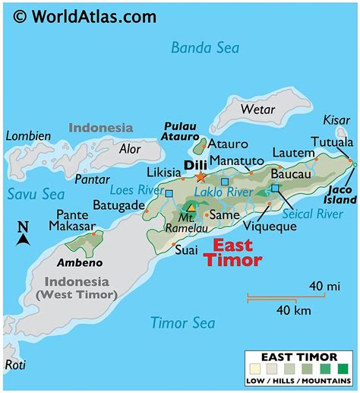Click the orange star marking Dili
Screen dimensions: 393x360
201,176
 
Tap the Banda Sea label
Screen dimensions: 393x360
204,49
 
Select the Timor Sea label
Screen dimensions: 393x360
182,322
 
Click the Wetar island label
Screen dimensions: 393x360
257,109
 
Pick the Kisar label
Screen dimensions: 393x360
337,120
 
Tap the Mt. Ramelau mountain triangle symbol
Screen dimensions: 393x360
191,207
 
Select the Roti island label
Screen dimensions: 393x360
15,365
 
